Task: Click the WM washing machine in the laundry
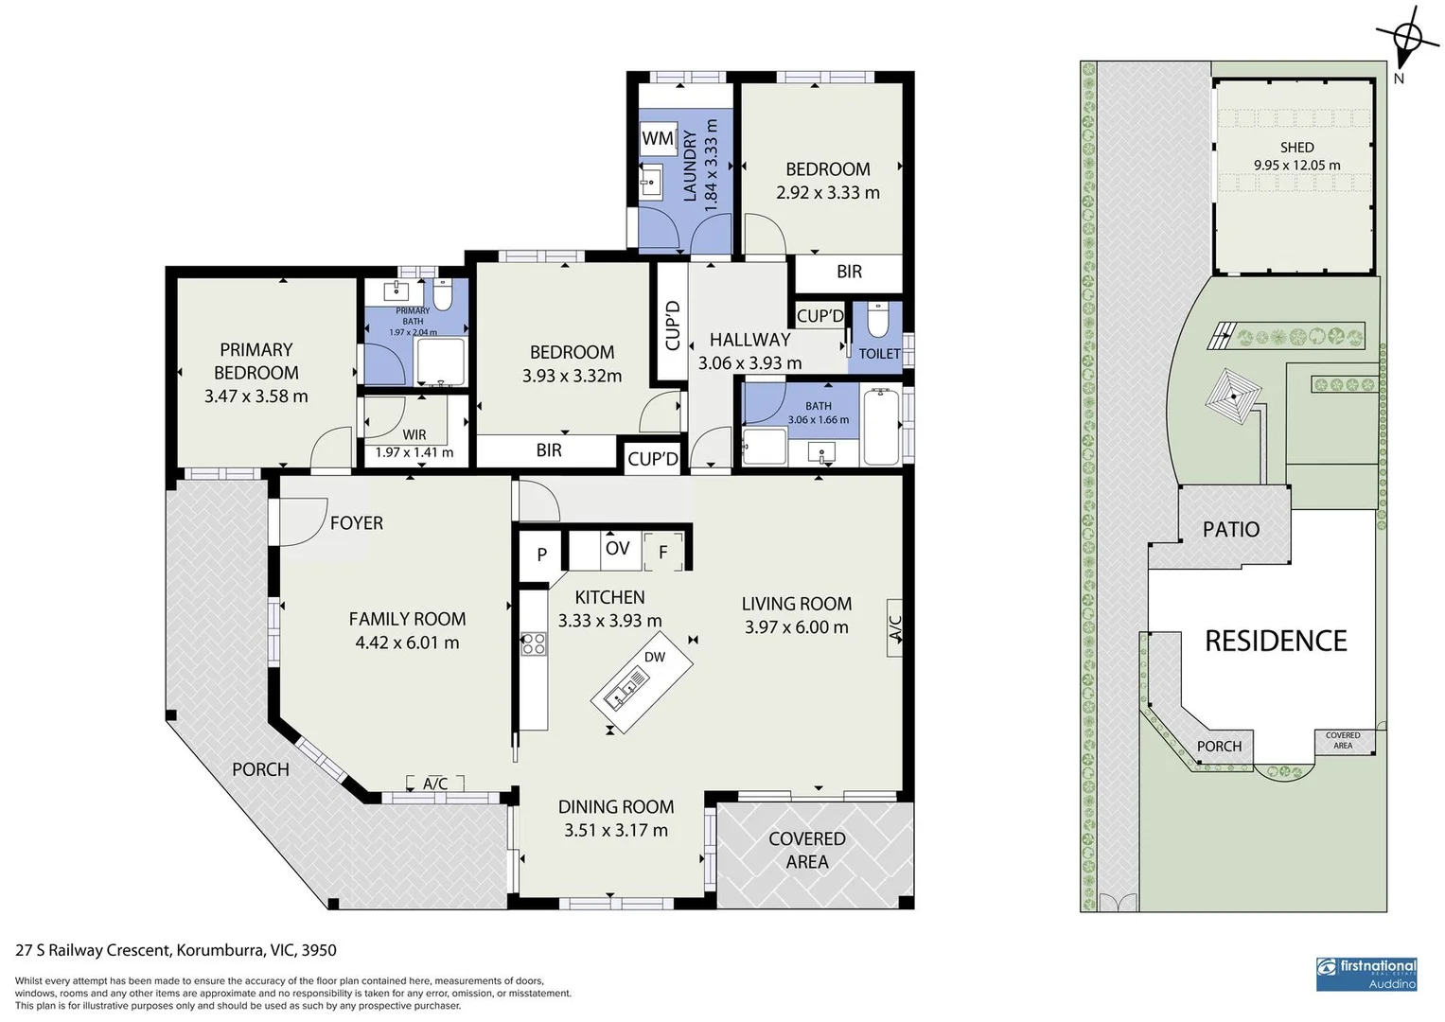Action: click(x=658, y=138)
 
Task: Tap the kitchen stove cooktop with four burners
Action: click(x=533, y=643)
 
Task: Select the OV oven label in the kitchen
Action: click(x=617, y=549)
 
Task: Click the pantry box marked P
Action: click(x=542, y=555)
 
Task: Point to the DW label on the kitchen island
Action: click(x=654, y=657)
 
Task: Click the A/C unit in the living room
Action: click(x=894, y=627)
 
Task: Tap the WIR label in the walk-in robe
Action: click(x=414, y=435)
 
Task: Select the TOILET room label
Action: click(x=879, y=353)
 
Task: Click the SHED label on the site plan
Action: click(x=1296, y=148)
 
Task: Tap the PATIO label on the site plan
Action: click(x=1230, y=530)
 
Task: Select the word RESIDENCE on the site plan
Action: click(x=1275, y=642)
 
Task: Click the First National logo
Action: click(x=1366, y=973)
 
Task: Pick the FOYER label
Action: click(x=356, y=523)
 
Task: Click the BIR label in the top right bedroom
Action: click(x=849, y=273)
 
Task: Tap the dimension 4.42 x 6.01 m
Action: click(x=407, y=643)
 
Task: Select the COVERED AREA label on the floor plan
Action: click(x=806, y=850)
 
